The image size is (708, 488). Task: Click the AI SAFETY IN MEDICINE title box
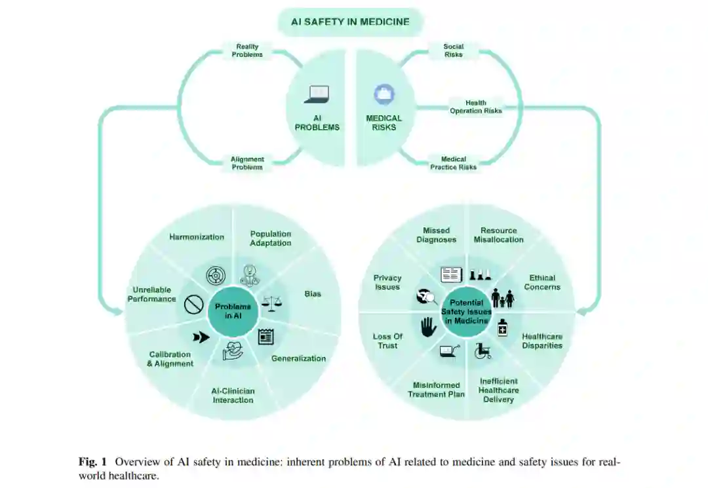tap(350, 22)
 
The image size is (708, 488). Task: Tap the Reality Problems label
tap(247, 50)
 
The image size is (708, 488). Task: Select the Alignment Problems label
tap(247, 163)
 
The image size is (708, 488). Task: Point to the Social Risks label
tap(453, 50)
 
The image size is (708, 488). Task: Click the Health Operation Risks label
tap(475, 107)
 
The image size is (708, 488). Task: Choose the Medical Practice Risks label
tap(453, 163)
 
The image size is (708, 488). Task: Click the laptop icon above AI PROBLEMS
tap(317, 95)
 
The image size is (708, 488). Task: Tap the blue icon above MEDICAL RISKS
tap(384, 94)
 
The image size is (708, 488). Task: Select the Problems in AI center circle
tap(233, 311)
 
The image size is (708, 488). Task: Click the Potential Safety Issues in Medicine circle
tap(466, 312)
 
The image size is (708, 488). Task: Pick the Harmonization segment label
tap(197, 237)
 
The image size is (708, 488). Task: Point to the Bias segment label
tap(313, 293)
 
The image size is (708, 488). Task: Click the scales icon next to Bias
tap(269, 302)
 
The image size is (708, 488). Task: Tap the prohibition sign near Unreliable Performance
tap(193, 305)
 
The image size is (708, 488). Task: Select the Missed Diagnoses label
tap(436, 235)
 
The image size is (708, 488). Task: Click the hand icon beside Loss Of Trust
tap(428, 326)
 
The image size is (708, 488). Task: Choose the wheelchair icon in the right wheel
tap(483, 351)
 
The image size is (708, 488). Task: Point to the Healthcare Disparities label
tap(542, 341)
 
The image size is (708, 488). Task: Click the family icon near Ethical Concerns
tap(503, 298)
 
